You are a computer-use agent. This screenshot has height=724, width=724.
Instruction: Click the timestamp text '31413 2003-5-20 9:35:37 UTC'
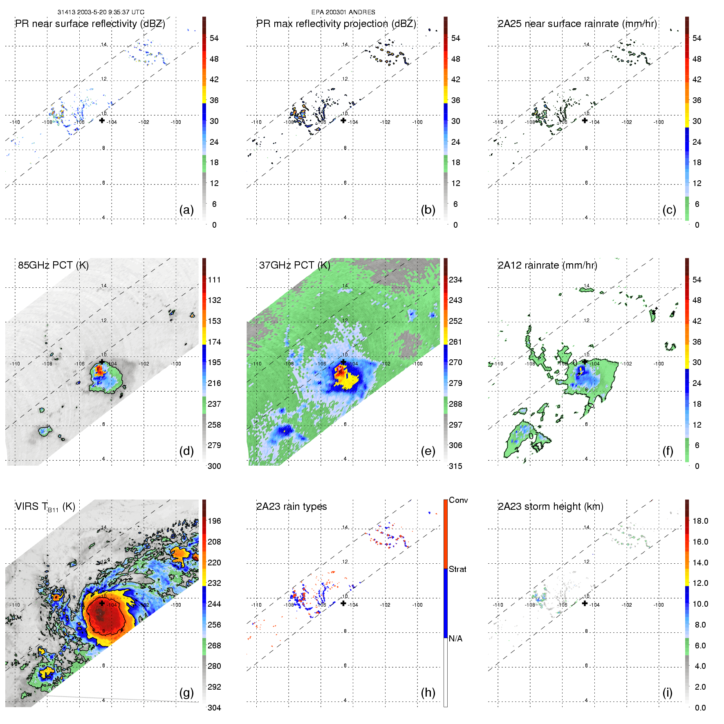coord(101,12)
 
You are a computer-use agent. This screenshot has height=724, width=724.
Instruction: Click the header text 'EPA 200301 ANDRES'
coord(343,12)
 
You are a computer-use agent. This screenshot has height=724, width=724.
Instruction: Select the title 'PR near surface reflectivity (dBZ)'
coord(90,24)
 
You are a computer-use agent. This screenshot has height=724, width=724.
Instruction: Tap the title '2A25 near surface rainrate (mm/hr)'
coord(577,24)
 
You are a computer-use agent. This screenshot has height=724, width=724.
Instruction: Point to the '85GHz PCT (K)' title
coord(53,265)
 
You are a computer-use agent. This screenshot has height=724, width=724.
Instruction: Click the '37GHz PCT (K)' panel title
coord(294,265)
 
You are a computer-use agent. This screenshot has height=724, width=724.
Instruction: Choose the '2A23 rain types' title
coord(291,507)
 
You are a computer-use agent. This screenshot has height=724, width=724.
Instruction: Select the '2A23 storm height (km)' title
coord(550,507)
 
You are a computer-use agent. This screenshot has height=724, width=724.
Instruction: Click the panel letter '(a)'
coord(186,210)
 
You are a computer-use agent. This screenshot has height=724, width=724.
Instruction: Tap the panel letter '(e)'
coord(428,451)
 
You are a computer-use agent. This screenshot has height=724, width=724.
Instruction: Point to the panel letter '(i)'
coord(667,693)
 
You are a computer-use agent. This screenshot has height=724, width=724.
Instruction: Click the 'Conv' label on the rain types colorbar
coord(458,500)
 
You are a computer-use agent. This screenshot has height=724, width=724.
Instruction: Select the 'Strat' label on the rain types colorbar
coord(457,569)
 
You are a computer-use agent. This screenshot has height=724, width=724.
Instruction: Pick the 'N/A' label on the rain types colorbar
coord(455,639)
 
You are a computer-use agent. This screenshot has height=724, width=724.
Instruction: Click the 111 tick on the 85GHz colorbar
coord(214,280)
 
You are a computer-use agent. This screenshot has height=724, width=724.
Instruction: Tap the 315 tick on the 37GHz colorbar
coord(455,466)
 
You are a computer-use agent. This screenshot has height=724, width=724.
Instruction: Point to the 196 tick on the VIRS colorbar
coord(214,521)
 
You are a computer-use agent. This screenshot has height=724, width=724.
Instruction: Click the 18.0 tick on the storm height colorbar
coord(700,521)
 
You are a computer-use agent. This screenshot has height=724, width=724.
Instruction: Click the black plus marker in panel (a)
coord(102,120)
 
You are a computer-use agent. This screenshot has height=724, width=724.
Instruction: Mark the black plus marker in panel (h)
coord(343,603)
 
